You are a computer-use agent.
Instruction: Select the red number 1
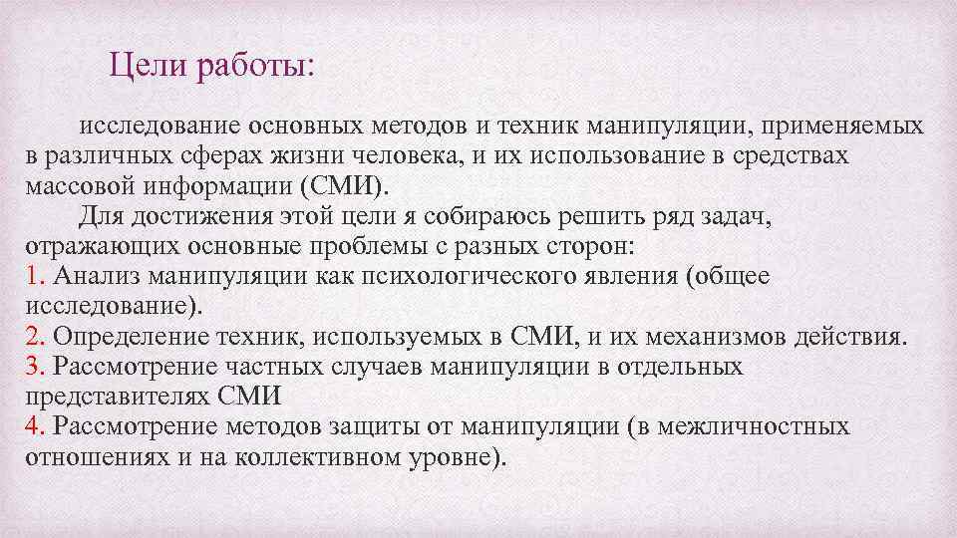tap(30, 277)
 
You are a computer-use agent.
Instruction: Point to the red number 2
tap(30, 337)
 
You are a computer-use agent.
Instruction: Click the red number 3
tap(30, 367)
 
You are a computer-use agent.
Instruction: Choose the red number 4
tap(30, 427)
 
